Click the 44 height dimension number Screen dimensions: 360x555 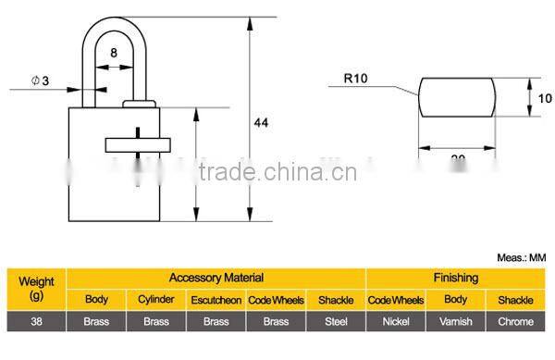[x=263, y=121]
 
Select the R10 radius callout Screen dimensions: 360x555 [x=356, y=80]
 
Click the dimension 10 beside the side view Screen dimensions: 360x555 [x=545, y=96]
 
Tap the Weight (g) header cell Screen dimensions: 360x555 [x=36, y=287]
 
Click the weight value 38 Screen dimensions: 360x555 [x=36, y=321]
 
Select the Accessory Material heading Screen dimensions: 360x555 [x=216, y=277]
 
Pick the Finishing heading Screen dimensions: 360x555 [x=456, y=277]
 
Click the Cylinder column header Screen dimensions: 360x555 [x=155, y=300]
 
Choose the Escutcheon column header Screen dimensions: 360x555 [x=216, y=300]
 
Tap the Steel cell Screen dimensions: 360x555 [x=335, y=321]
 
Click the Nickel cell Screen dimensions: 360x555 [x=395, y=321]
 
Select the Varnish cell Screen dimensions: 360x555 [x=455, y=321]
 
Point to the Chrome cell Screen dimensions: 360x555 [x=515, y=321]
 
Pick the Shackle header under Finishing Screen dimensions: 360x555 [x=515, y=300]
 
